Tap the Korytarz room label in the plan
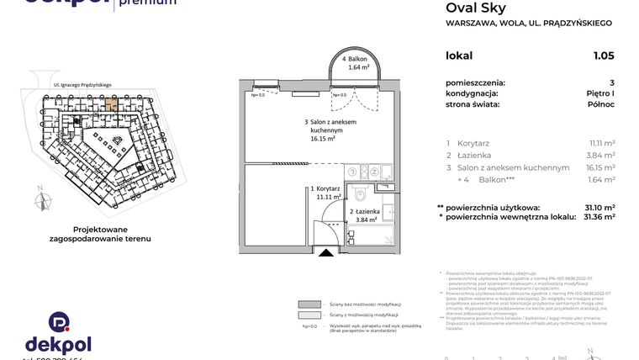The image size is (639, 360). pyautogui.click(x=325, y=189)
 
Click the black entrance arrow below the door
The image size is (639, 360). pyautogui.click(x=324, y=251)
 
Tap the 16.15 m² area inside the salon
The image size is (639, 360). pyautogui.click(x=323, y=139)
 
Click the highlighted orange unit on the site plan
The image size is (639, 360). pyautogui.click(x=111, y=105)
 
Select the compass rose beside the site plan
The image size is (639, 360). pyautogui.click(x=39, y=200)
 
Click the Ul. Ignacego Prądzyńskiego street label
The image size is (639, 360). pyautogui.click(x=82, y=85)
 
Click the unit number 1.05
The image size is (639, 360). pyautogui.click(x=603, y=56)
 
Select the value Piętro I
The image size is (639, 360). pyautogui.click(x=599, y=93)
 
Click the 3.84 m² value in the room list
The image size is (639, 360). pyautogui.click(x=600, y=156)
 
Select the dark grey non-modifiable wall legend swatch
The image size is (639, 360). pyautogui.click(x=309, y=304)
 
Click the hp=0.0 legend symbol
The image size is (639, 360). pyautogui.click(x=309, y=326)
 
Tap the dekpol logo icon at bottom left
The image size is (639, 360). pyautogui.click(x=58, y=321)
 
